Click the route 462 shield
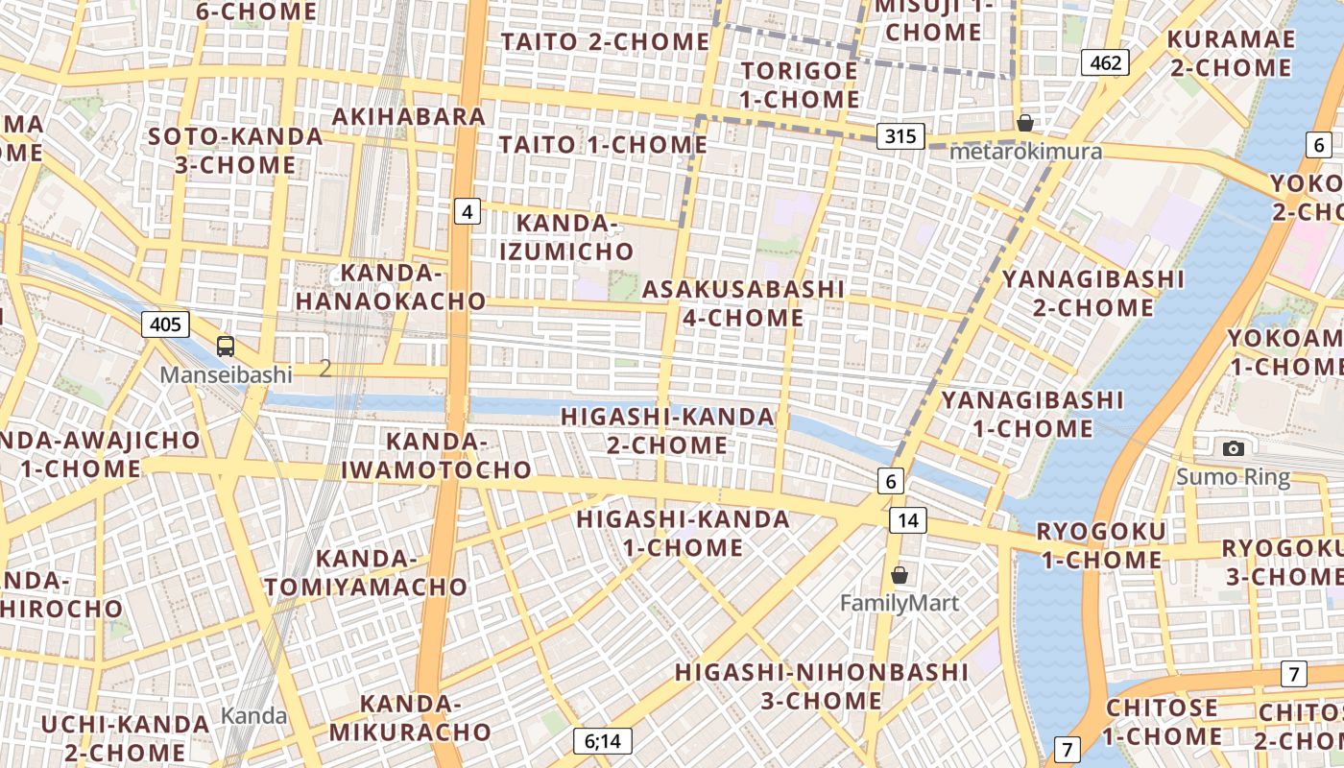1105,63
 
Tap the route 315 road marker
900,136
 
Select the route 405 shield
165,324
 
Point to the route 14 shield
907,520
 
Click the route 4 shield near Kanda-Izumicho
467,211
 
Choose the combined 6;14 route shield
603,740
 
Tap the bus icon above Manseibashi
226,347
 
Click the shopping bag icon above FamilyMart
900,575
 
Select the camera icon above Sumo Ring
1234,448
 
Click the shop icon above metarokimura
1025,123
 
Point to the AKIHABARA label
409,116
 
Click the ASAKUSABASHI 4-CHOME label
744,303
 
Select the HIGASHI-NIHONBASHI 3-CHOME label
822,685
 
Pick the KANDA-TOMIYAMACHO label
366,572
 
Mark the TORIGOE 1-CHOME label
800,84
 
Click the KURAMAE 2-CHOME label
1230,53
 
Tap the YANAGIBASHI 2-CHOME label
1093,293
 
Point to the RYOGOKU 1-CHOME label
1101,545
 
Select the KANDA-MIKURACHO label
411,717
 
